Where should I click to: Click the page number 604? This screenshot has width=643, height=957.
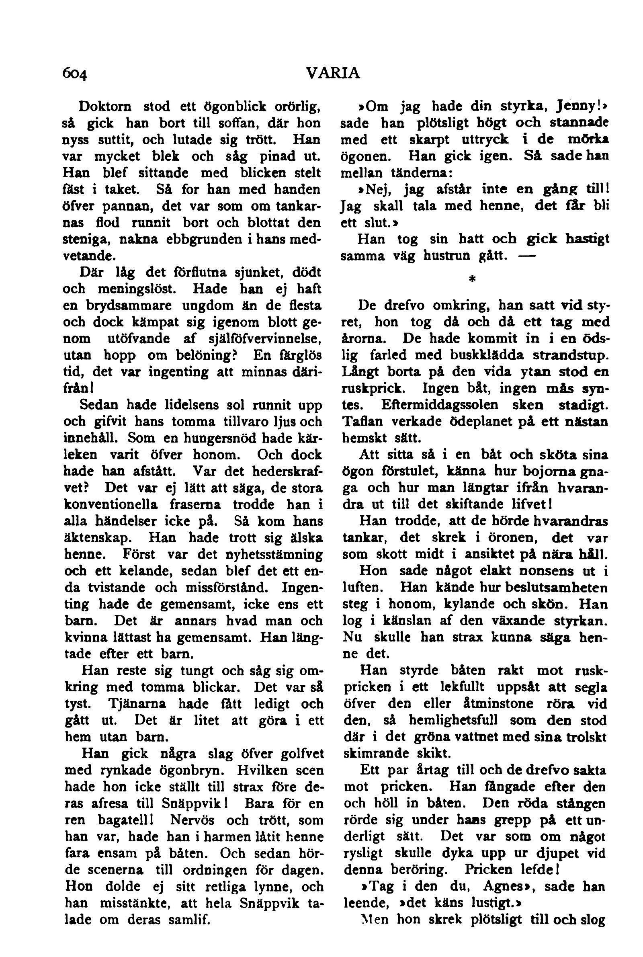click(x=75, y=74)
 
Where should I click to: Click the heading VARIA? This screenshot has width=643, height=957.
click(x=333, y=73)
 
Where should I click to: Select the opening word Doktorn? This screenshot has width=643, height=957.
click(x=105, y=107)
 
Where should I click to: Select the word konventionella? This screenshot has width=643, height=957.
click(x=111, y=504)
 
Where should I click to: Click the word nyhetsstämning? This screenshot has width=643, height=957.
click(x=274, y=554)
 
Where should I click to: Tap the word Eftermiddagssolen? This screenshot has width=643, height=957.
click(x=440, y=405)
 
